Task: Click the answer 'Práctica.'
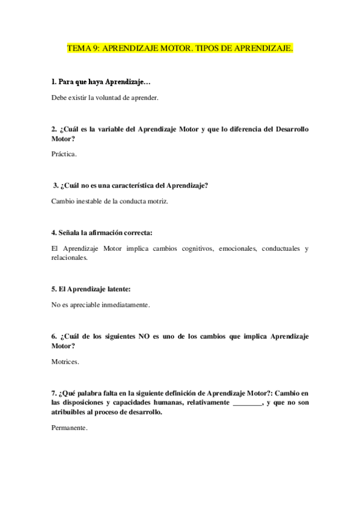click(64, 154)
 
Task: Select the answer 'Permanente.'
click(70, 428)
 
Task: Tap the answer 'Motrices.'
click(66, 361)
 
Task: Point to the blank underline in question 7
click(248, 403)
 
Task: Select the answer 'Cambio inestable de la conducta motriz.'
click(110, 201)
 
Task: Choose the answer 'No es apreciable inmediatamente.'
click(100, 305)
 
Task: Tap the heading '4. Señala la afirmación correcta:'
click(102, 232)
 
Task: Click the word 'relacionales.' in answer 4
click(69, 257)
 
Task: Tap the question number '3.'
click(56, 185)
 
